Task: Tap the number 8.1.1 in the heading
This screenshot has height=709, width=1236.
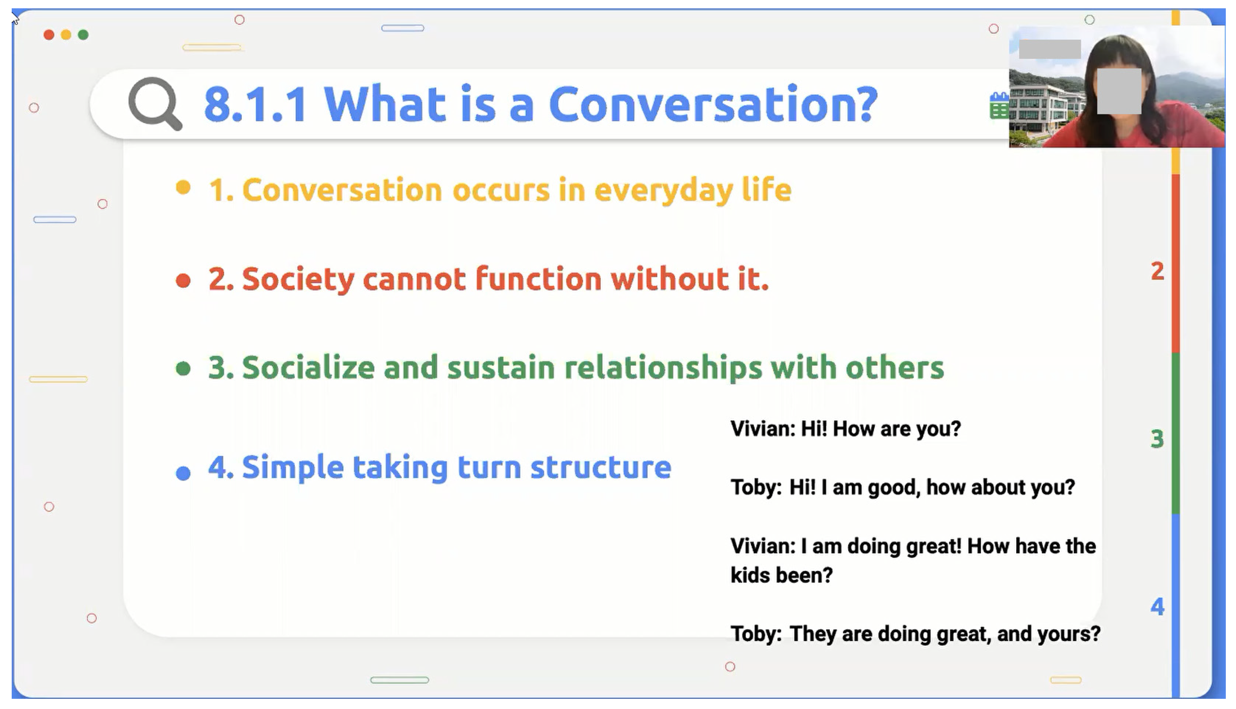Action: tap(256, 104)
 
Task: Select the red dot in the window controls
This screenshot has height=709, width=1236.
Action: tap(49, 35)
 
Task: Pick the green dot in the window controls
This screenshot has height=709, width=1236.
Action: tap(83, 35)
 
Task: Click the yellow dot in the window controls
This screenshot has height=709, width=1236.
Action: tap(66, 35)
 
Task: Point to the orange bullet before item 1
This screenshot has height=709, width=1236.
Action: tap(183, 188)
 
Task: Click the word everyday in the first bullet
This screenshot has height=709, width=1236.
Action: tap(664, 191)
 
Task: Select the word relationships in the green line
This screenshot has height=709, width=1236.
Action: tap(663, 368)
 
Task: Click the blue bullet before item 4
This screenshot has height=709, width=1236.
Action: tap(183, 473)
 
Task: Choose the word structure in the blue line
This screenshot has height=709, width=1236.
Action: tap(601, 467)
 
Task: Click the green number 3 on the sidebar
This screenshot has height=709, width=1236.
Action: tap(1157, 439)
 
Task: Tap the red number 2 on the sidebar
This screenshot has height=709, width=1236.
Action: tap(1157, 271)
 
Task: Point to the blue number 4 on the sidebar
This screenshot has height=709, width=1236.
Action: tap(1157, 607)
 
